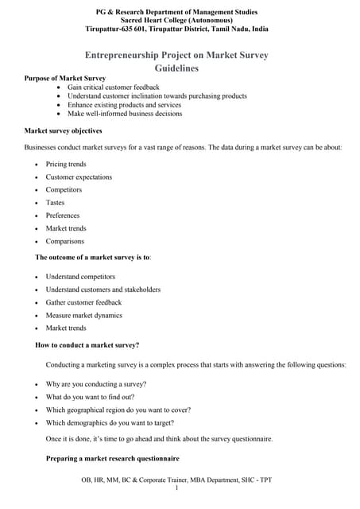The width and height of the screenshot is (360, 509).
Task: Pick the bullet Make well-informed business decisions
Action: click(137, 113)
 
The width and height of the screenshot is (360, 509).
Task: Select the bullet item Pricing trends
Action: click(66, 164)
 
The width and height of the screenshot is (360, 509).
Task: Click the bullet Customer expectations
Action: click(79, 177)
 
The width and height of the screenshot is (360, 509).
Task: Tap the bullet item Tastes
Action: click(56, 203)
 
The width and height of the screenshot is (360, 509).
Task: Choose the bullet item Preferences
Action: click(63, 216)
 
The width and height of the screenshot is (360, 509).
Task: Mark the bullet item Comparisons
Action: click(64, 241)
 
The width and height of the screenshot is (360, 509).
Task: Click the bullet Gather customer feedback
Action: click(83, 302)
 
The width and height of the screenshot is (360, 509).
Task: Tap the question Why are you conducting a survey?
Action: click(95, 384)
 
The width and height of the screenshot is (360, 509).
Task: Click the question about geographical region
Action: click(118, 410)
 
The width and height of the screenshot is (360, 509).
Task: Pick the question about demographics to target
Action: click(110, 422)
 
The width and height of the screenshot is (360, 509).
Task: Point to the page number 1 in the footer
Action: click(176, 488)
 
